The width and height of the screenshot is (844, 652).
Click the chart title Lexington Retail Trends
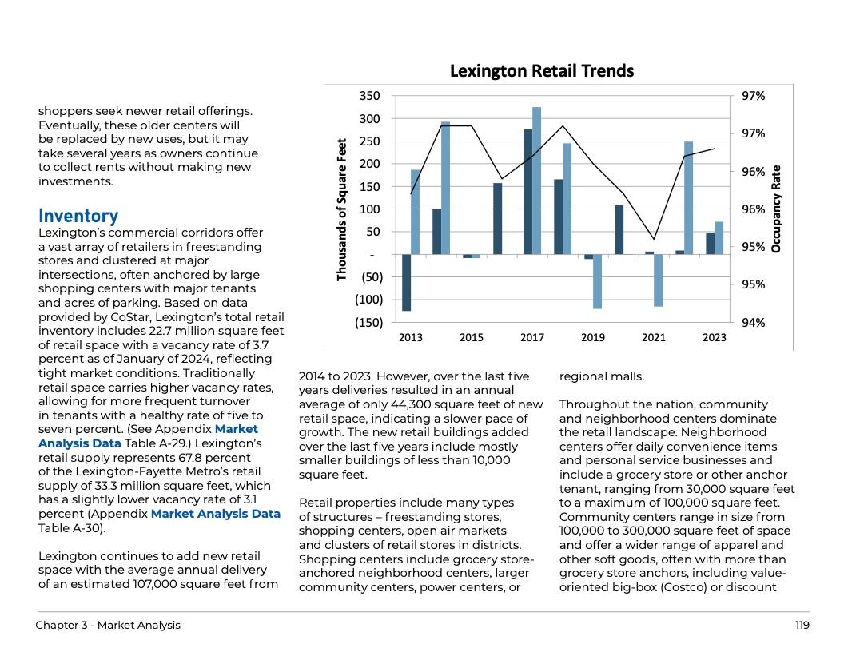pos(541,71)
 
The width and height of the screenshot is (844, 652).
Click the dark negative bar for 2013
pos(406,282)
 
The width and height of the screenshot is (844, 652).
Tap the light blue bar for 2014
pos(446,189)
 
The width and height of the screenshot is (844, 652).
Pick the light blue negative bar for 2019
pos(597,281)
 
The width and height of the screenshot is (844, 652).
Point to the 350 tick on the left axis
pos(370,96)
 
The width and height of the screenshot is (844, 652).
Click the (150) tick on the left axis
pos(368,323)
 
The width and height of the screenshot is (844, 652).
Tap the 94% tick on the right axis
pos(754,323)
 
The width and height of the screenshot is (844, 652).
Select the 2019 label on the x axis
pos(593,338)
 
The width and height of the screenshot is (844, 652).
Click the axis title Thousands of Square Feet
pos(341,209)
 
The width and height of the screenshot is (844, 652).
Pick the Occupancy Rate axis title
pos(774,209)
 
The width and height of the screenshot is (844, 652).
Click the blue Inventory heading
pos(78,216)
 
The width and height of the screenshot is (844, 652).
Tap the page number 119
pos(802,625)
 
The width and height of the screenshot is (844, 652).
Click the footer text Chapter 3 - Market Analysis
pos(108,625)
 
